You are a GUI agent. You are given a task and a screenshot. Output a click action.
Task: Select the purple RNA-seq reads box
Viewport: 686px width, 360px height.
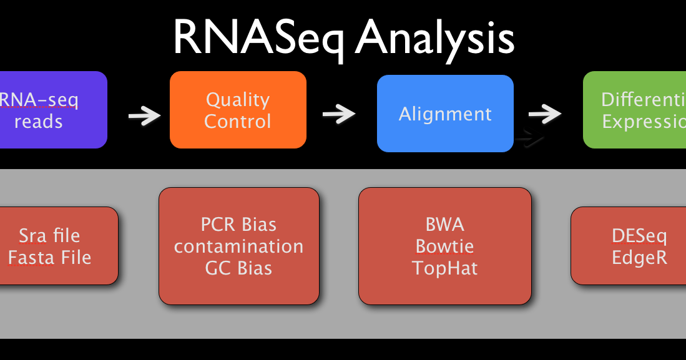(50, 110)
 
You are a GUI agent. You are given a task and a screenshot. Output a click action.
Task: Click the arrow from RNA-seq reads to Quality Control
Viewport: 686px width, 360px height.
(144, 116)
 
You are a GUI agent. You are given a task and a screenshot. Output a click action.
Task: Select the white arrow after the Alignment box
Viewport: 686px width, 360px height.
(544, 114)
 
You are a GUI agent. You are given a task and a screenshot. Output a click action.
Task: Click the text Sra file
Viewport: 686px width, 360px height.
(49, 236)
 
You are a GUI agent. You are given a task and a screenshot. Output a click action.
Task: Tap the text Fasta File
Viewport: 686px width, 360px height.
(49, 257)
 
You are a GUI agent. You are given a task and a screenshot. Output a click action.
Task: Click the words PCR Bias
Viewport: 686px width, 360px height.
(238, 224)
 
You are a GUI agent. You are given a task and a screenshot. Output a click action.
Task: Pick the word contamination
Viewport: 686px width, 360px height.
(238, 246)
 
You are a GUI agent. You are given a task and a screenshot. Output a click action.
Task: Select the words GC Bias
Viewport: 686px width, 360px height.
(238, 268)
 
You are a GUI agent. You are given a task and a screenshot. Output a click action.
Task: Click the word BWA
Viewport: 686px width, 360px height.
(444, 224)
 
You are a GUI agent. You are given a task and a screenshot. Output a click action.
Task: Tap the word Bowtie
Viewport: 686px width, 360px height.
(444, 246)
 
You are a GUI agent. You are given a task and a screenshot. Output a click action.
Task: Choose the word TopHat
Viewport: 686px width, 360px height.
(444, 268)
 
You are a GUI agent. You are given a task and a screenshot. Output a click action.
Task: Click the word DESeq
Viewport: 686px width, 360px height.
(639, 236)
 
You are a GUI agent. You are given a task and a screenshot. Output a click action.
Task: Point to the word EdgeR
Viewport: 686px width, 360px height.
(639, 258)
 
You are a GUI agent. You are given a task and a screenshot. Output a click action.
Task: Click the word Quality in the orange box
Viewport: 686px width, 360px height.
(238, 99)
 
